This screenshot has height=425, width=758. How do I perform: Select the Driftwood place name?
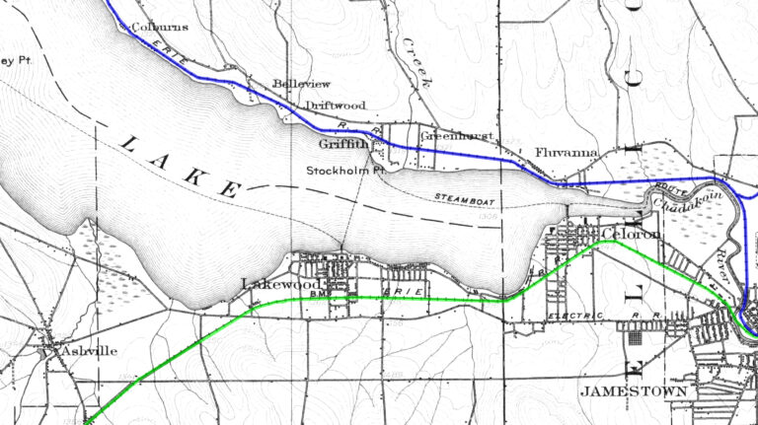coord(335,105)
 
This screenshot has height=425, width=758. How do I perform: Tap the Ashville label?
coord(88,350)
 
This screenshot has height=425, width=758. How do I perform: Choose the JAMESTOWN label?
coord(633,390)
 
